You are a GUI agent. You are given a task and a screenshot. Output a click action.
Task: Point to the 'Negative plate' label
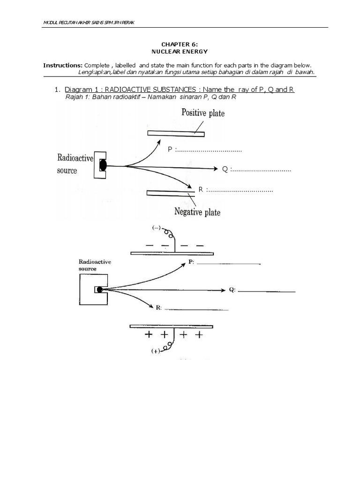tap(197, 212)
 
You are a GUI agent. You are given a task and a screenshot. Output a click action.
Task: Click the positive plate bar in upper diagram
tap(176, 134)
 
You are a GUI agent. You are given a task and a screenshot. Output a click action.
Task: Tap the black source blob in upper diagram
tap(102, 165)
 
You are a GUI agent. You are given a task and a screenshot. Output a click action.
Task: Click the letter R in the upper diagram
tap(201, 189)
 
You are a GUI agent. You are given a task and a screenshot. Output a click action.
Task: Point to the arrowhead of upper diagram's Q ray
tap(215, 169)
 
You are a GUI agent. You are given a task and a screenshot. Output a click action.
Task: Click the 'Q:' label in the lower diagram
tap(232, 290)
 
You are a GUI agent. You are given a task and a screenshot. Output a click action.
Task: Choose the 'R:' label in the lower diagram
tap(159, 307)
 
